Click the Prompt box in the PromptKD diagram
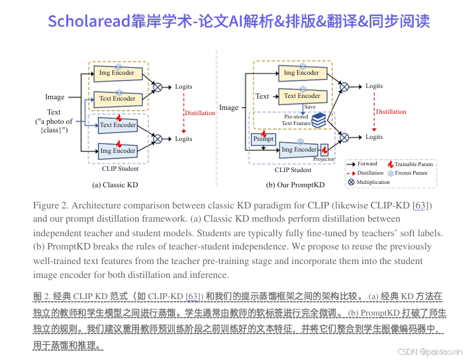(x=263, y=139)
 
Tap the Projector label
(x=324, y=159)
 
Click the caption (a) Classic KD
(x=115, y=185)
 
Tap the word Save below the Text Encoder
(x=310, y=107)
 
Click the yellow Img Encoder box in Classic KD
(x=117, y=73)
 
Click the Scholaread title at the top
(x=238, y=21)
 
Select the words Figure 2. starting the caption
(x=50, y=206)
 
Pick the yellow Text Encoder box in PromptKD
(x=302, y=96)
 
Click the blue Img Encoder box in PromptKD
(x=299, y=150)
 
